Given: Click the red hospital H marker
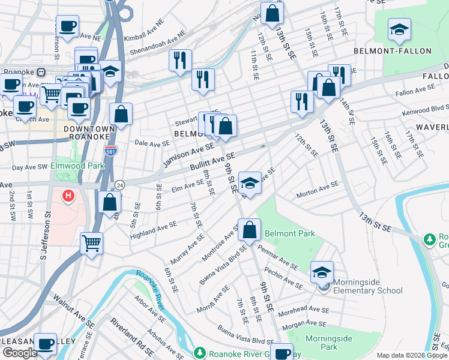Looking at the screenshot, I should point(69,196).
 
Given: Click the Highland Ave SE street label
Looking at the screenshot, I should point(154,229).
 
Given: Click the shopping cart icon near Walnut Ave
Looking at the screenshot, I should point(91,244).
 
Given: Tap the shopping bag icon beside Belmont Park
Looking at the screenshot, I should point(249,229).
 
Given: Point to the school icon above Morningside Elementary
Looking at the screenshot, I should point(322,272).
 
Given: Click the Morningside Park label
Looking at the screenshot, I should point(329,343).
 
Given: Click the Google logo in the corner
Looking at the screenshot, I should point(20,353).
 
